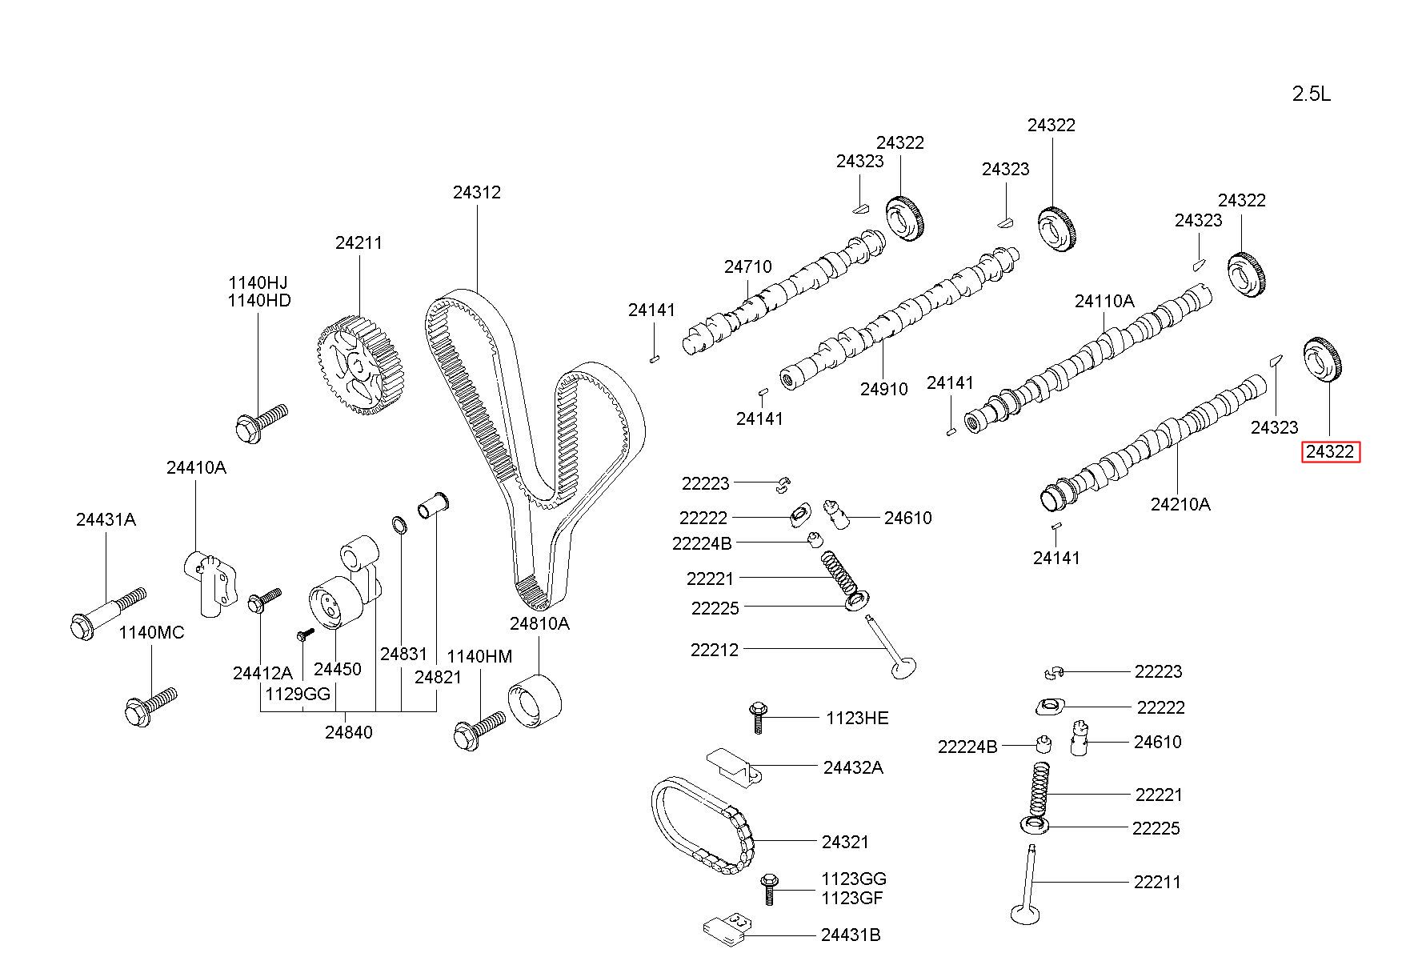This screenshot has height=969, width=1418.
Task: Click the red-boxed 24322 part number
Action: pos(1329,452)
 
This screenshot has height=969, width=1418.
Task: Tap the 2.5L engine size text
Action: pos(1312,94)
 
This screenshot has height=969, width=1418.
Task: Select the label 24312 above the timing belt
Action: pos(477,192)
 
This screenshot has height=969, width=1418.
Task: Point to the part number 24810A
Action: pos(539,623)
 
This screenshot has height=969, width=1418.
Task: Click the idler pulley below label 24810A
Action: pos(535,702)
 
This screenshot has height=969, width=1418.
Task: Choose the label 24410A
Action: pos(196,467)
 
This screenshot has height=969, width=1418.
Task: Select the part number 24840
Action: pos(348,731)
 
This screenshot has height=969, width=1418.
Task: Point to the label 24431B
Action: pos(851,935)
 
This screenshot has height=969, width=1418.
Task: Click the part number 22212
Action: pos(715,651)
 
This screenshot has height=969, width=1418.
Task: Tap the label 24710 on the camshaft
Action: pos(748,266)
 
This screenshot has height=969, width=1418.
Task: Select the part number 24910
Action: pos(884,389)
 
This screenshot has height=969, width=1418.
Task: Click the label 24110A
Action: pos(1104,301)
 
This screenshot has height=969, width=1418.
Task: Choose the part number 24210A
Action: pos(1180,504)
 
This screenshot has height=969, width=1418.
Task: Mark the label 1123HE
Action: pos(857,718)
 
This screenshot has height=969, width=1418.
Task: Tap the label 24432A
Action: pos(853,767)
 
